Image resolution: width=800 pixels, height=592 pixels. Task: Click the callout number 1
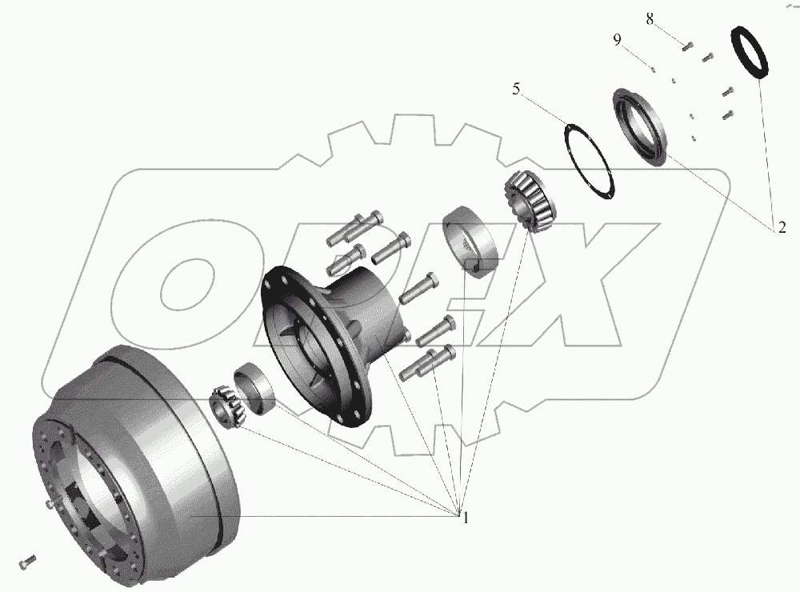coord(466,518)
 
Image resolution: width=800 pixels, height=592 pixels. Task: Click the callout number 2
coord(782,227)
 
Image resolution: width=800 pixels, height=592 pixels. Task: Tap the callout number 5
coord(516,89)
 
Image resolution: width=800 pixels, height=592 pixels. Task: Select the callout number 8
coord(650,19)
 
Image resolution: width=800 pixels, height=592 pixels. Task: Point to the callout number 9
coord(618,39)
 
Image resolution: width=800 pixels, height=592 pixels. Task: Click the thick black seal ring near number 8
coord(750,52)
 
